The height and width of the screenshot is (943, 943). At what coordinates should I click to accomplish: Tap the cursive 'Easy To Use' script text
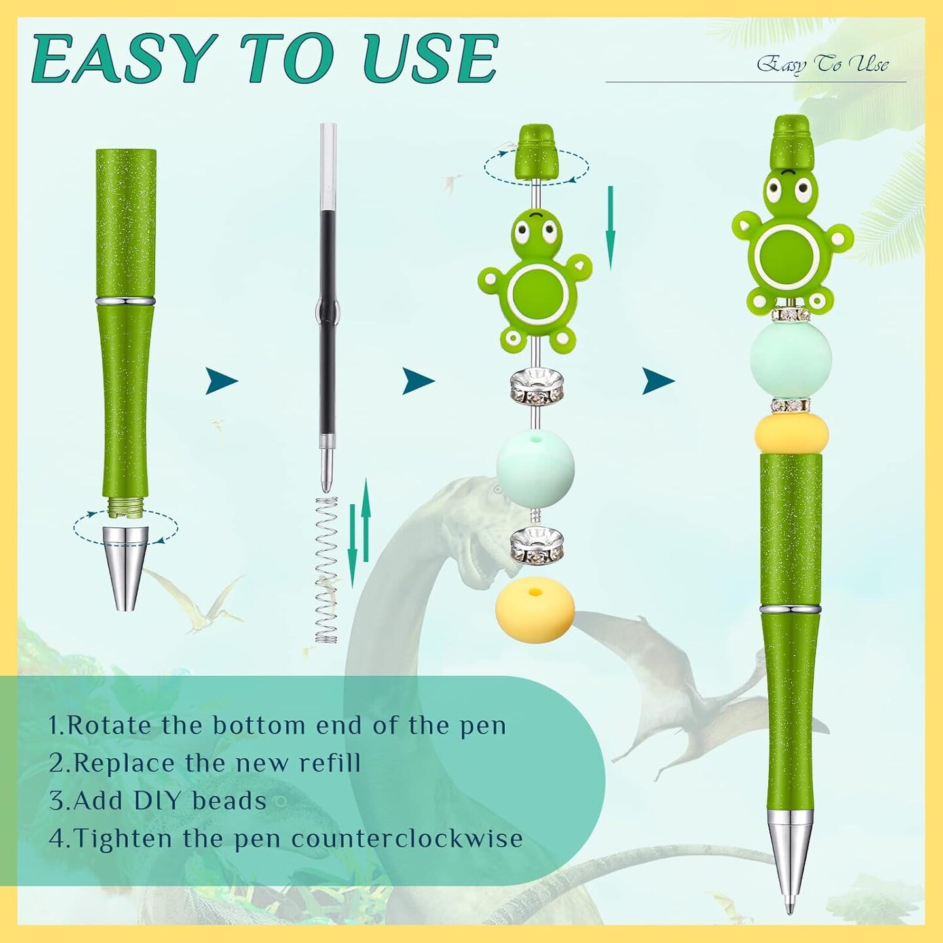click(x=823, y=65)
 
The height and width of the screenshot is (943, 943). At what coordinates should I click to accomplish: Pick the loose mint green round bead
click(x=536, y=468)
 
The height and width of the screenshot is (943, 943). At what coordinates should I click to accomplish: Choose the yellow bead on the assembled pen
click(x=791, y=433)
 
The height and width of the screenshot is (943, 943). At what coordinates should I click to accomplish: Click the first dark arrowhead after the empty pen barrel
click(x=221, y=380)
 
